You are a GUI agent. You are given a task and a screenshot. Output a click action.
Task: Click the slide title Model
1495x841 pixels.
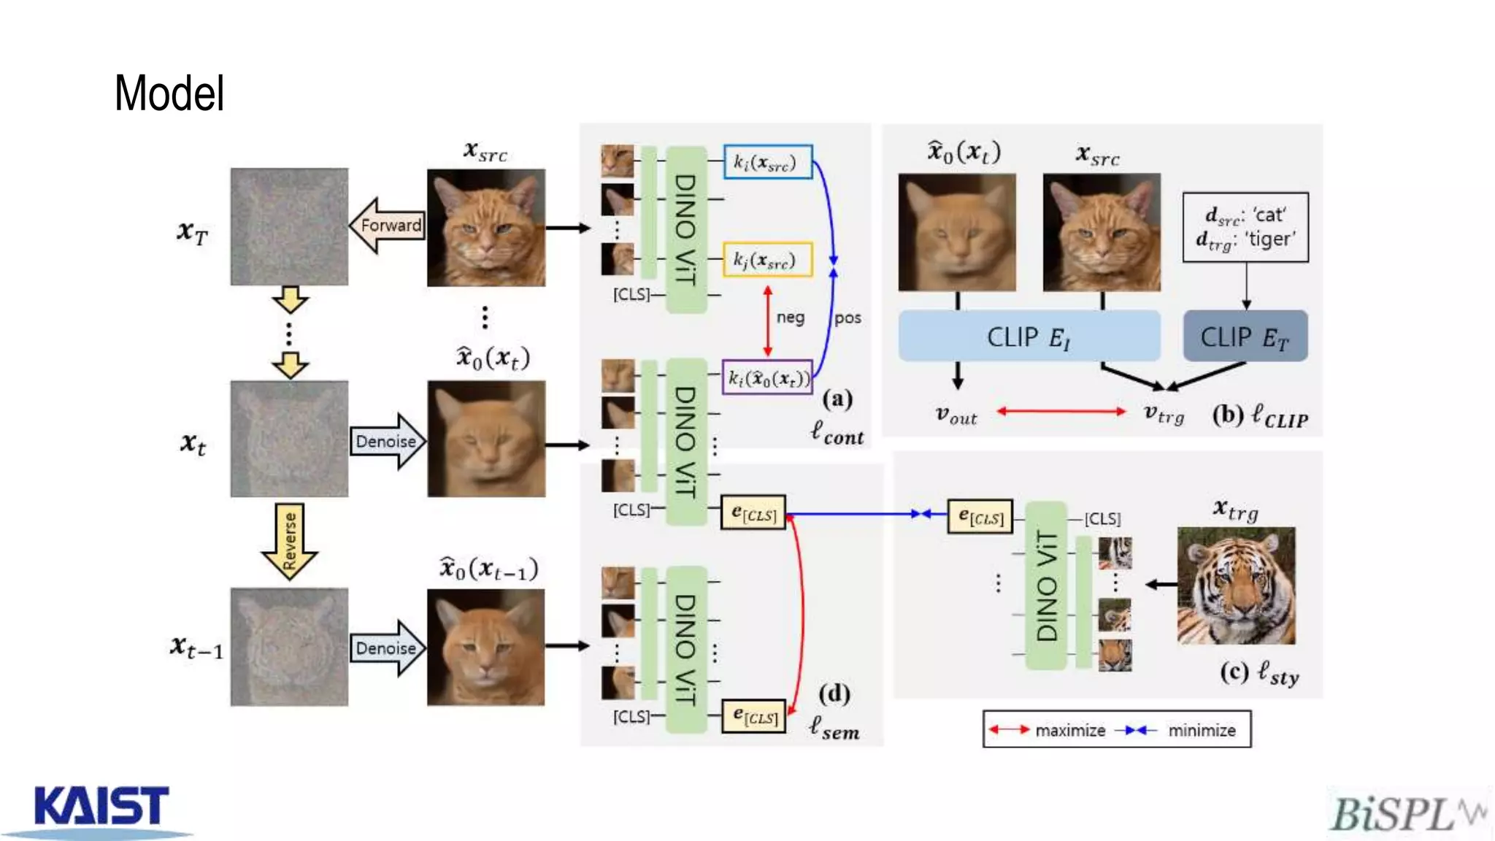169,93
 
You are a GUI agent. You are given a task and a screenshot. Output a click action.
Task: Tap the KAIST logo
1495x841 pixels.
101,807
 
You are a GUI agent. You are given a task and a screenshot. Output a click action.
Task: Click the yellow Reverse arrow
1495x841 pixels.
289,541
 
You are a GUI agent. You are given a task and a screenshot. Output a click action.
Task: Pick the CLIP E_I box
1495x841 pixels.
1029,337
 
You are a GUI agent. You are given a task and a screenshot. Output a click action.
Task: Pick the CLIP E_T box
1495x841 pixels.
1245,337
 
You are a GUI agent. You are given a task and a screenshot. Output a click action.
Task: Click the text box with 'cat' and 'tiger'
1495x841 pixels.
1245,227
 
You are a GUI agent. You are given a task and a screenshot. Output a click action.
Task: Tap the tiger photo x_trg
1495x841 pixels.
1236,585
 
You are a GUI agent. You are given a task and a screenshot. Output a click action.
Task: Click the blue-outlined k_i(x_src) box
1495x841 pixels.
767,162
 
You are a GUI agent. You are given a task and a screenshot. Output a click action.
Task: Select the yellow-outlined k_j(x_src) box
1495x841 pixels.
767,260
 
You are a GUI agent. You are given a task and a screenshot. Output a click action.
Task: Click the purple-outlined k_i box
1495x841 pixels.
767,377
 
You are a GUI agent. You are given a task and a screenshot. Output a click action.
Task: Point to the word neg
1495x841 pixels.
791,318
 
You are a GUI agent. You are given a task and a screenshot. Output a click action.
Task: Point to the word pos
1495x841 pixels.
848,318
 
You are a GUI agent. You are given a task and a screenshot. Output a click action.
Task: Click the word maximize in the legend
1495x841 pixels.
1070,730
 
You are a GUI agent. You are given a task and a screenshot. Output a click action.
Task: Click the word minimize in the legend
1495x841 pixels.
1202,730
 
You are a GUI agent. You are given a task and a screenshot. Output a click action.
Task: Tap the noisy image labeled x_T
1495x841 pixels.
289,226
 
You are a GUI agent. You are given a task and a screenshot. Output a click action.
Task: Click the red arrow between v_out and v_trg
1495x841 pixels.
1061,412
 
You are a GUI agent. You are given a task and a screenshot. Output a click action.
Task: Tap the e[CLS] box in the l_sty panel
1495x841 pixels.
980,517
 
